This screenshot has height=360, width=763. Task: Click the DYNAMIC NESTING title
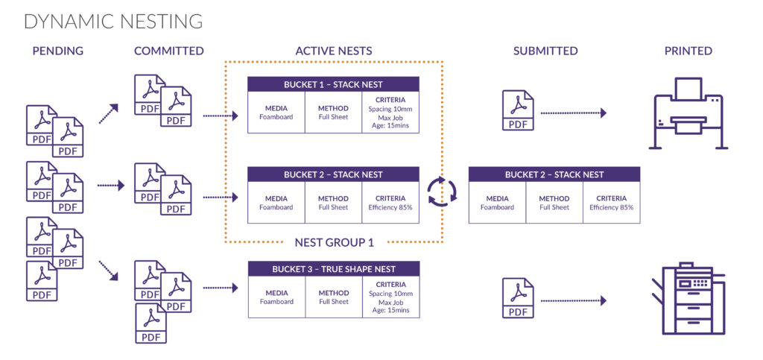113,22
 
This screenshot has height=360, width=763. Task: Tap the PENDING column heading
58,51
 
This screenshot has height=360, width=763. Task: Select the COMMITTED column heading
169,51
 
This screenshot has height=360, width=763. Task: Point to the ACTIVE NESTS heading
334,51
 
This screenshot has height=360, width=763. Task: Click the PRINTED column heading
688,51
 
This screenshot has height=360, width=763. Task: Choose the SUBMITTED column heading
545,51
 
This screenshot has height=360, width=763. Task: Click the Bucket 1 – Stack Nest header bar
333,84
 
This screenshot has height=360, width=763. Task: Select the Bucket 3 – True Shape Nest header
333,269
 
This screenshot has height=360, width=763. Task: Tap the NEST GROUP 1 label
334,241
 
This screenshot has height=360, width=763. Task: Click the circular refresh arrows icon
442,192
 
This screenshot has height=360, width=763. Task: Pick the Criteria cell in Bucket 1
390,113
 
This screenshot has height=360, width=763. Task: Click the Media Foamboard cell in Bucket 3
276,297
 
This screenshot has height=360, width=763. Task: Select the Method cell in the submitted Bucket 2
554,203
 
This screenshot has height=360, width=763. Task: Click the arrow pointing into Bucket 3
220,287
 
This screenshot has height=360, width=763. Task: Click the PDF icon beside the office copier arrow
518,297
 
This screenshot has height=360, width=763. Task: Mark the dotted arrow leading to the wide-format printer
574,113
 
